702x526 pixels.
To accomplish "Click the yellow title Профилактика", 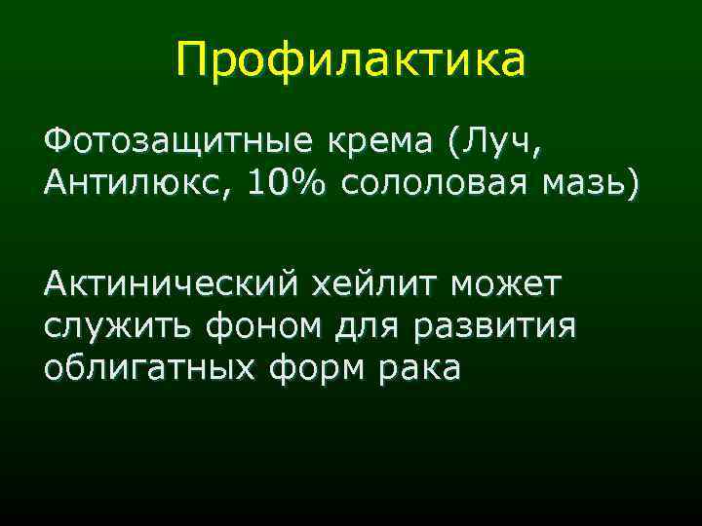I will [x=351, y=60].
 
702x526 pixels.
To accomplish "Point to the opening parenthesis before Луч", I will [x=454, y=143].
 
